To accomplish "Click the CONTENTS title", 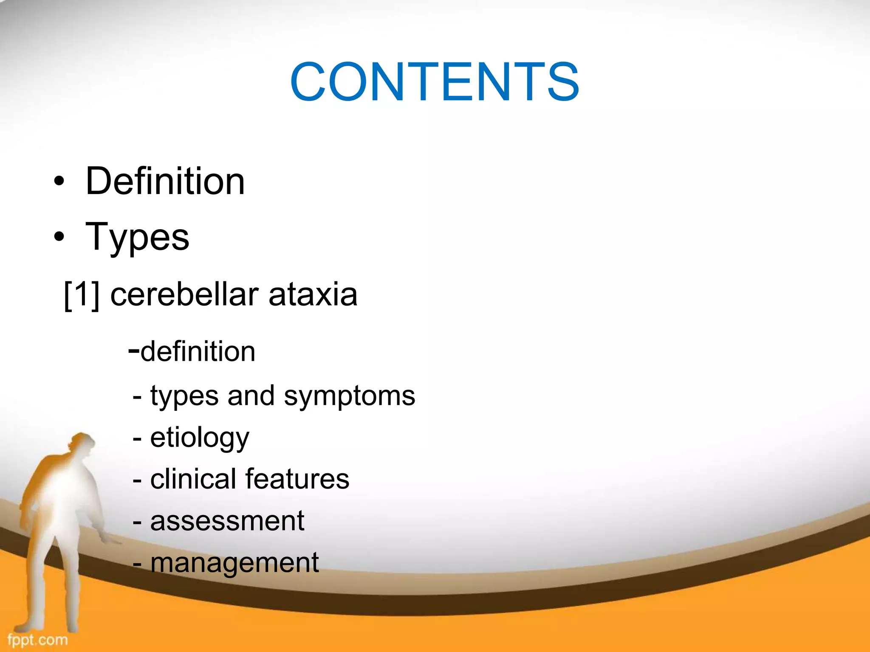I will [434, 82].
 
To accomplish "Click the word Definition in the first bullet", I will [165, 181].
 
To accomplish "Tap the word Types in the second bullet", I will [137, 237].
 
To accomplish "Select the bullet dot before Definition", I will [59, 182].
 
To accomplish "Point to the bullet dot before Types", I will [59, 237].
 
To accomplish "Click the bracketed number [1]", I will [82, 295].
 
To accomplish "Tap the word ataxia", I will [313, 295].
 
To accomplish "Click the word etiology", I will [200, 438].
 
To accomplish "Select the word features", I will [297, 479].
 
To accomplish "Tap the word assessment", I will [227, 521].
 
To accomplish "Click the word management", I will [234, 563].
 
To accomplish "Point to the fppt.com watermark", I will [37, 639].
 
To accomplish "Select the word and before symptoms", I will [251, 396].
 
